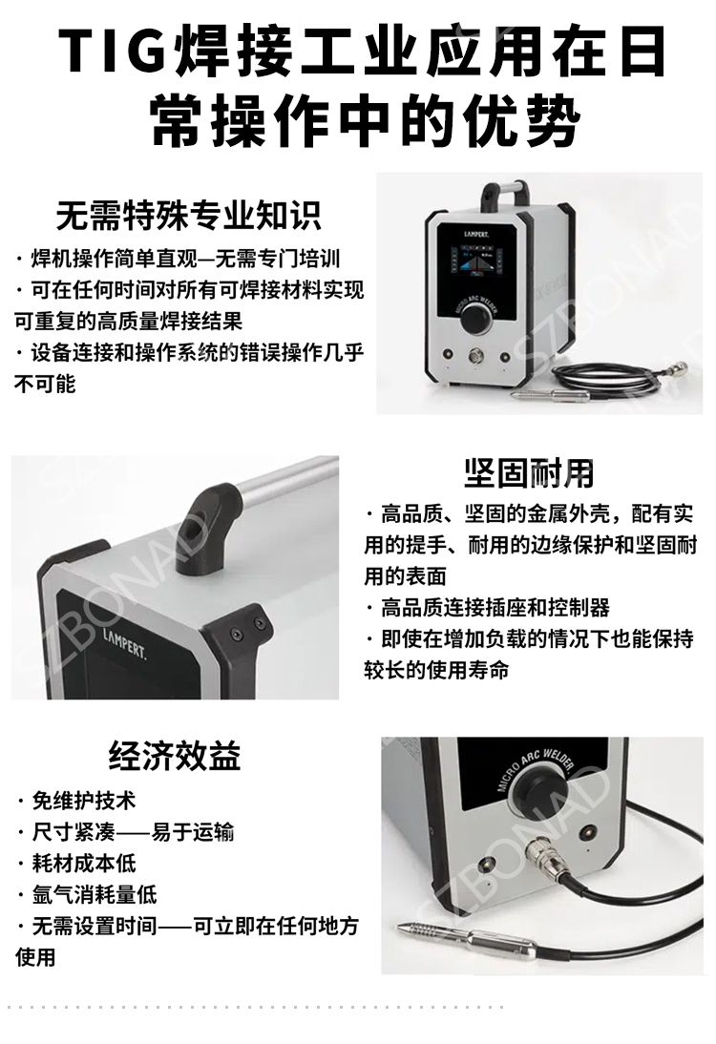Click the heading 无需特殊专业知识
[188, 215]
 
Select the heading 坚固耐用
[529, 472]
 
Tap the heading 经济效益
[175, 756]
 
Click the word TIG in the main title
[113, 51]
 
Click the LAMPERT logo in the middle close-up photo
[124, 642]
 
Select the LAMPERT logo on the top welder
[476, 234]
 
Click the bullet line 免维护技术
[77, 801]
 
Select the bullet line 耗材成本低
[77, 863]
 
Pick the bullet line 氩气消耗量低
[88, 894]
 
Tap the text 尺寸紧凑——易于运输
[126, 831]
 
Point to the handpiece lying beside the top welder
[550, 396]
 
